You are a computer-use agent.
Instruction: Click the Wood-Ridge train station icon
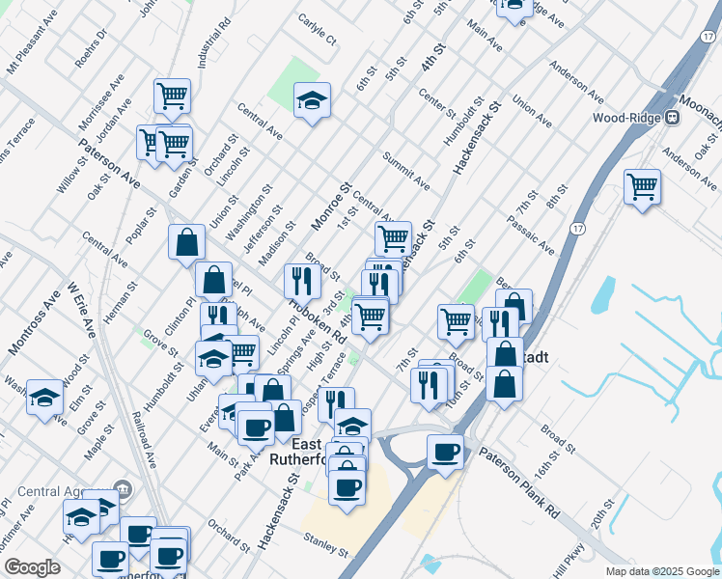tap(674, 118)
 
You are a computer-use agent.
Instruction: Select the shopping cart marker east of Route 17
tap(642, 186)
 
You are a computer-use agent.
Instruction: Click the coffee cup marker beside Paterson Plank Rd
tap(445, 452)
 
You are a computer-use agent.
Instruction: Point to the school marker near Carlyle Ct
tap(312, 100)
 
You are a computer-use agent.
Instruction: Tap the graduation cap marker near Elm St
tap(44, 397)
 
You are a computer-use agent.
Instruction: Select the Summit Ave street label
tap(405, 169)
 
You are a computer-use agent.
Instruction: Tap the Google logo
tap(31, 567)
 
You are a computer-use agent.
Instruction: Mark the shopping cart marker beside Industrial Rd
tap(172, 96)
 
